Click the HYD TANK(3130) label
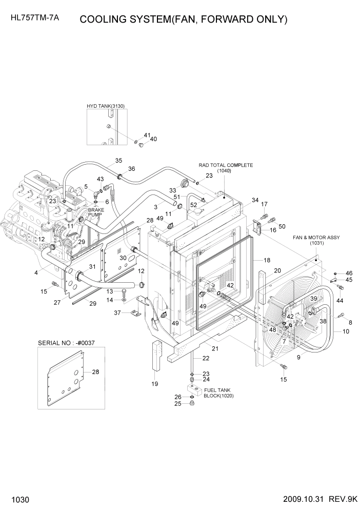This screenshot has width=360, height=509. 106,106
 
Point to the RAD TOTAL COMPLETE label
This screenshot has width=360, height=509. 226,165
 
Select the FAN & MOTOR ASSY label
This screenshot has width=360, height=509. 316,238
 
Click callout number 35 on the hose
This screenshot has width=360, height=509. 118,161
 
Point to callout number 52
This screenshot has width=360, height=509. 193,205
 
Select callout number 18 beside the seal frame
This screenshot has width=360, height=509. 267,261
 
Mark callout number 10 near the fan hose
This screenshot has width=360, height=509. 346,332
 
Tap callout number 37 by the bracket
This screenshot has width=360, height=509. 117,312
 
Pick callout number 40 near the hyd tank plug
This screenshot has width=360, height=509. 153,139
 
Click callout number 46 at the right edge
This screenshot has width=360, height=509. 349,273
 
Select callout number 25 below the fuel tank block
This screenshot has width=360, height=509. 177,403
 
